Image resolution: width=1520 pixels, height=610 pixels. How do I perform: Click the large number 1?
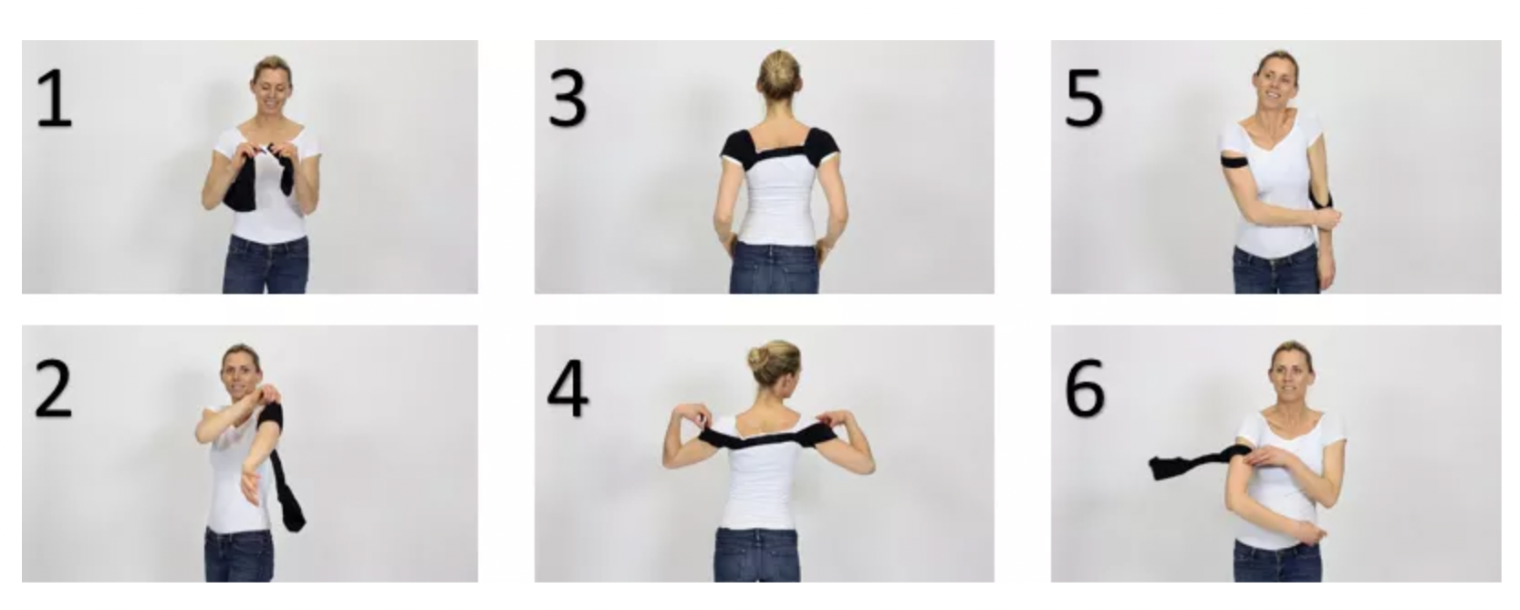pyautogui.click(x=54, y=100)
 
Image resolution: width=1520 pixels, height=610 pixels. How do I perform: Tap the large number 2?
pyautogui.click(x=54, y=388)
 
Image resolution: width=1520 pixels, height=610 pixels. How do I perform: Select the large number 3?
pyautogui.click(x=567, y=100)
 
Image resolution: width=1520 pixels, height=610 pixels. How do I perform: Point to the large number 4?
pyautogui.click(x=567, y=388)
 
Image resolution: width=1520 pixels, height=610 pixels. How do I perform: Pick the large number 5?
pyautogui.click(x=1084, y=100)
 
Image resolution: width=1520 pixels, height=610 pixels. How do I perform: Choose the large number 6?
pyautogui.click(x=1085, y=388)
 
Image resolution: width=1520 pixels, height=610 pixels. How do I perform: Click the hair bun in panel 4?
pyautogui.click(x=759, y=358)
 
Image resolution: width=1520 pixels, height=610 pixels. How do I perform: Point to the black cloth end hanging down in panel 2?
pyautogui.click(x=287, y=482)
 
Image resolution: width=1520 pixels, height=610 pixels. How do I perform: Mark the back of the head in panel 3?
pyautogui.click(x=778, y=76)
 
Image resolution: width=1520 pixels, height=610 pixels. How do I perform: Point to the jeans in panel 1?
pyautogui.click(x=266, y=265)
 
